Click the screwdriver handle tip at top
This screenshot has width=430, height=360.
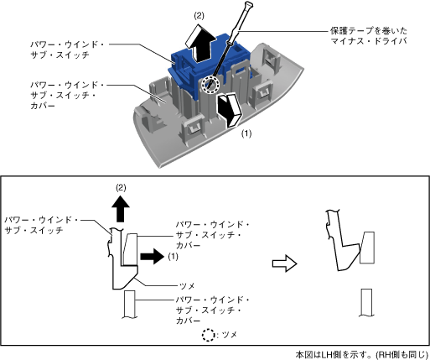[x=248, y=4]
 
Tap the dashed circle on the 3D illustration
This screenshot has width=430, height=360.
[x=210, y=84]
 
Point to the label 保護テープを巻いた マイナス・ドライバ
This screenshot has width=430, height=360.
[x=368, y=35]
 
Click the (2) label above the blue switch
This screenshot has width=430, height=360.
[x=199, y=16]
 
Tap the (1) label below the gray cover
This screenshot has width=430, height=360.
[x=246, y=133]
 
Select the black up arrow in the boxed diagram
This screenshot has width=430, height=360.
[x=121, y=208]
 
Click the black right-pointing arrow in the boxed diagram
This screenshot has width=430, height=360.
[x=152, y=256]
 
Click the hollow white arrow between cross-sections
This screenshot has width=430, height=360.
[x=284, y=263]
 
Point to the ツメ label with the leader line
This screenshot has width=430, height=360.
[x=187, y=286]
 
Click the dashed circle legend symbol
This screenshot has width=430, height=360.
[x=208, y=335]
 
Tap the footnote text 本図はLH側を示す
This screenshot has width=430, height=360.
[x=334, y=355]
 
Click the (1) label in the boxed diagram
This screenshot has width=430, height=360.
[x=173, y=257]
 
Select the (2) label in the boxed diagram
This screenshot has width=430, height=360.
[x=121, y=188]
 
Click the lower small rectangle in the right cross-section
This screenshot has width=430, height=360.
[x=366, y=303]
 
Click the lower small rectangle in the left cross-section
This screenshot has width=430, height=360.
[x=129, y=304]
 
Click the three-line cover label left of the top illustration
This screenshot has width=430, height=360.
[x=67, y=95]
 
